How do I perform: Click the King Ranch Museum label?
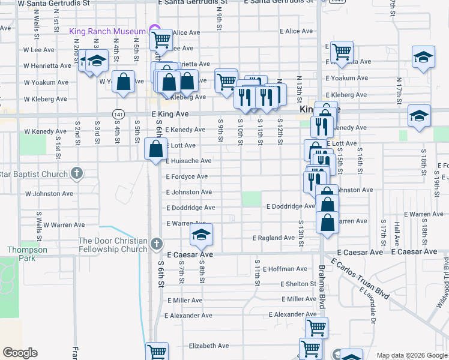click(107, 31)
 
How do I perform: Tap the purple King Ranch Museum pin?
click(152, 31)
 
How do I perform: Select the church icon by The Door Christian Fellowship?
click(156, 243)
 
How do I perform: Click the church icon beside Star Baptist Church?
click(76, 174)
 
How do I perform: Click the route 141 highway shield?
click(118, 113)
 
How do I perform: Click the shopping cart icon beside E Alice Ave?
click(161, 39)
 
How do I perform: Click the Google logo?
click(20, 353)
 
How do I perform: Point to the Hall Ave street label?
click(397, 233)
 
